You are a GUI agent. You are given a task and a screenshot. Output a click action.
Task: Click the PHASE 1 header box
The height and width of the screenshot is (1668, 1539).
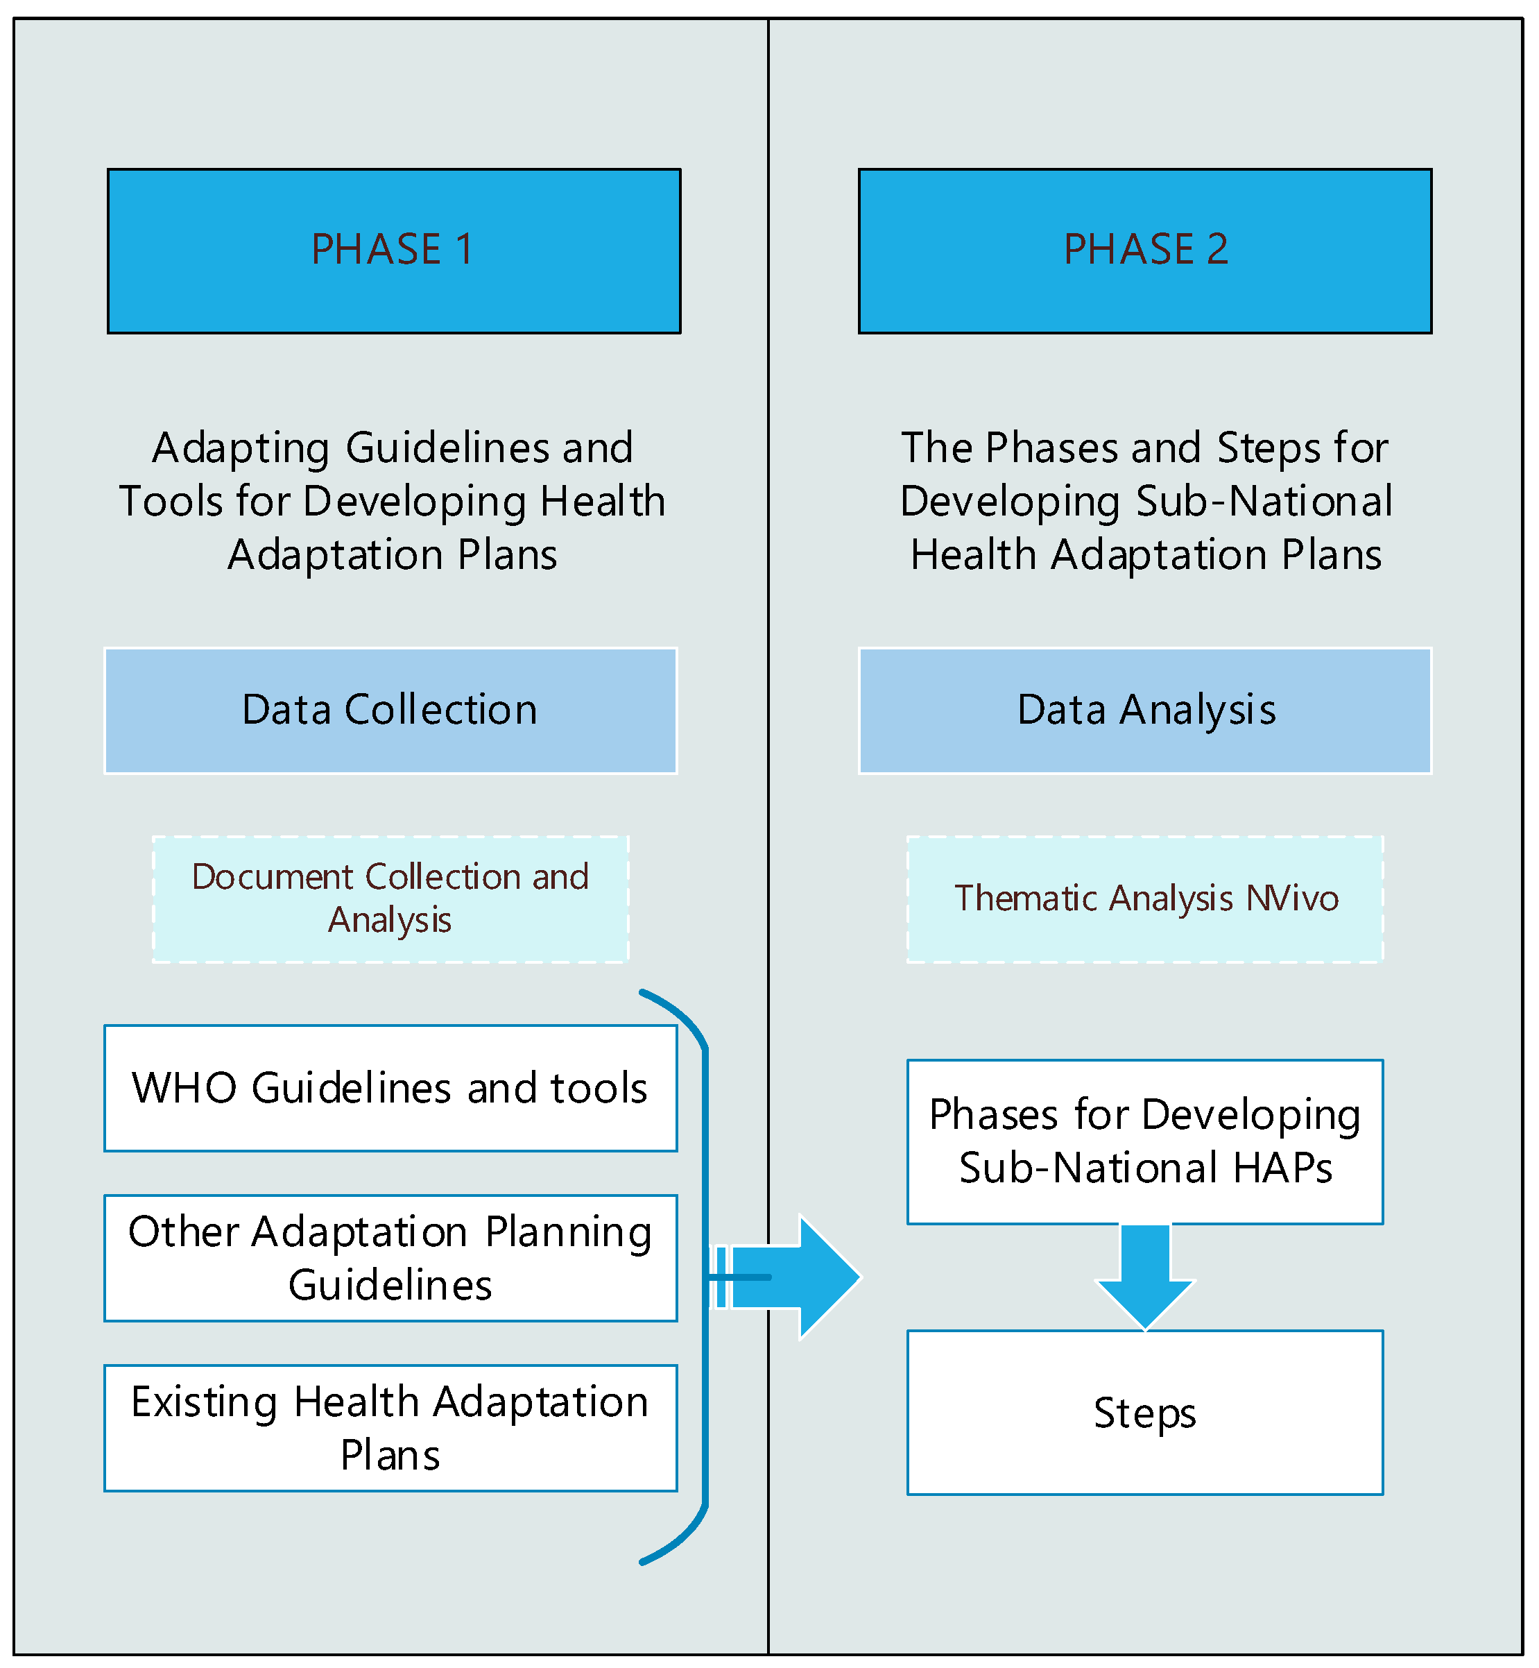pyautogui.click(x=394, y=250)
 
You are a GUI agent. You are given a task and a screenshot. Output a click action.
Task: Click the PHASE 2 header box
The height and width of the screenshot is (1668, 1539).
pyautogui.click(x=1145, y=250)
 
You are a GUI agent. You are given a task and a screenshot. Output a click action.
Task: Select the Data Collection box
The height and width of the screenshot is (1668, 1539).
pyautogui.click(x=390, y=710)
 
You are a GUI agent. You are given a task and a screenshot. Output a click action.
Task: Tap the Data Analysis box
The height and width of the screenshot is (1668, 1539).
pyautogui.click(x=1145, y=710)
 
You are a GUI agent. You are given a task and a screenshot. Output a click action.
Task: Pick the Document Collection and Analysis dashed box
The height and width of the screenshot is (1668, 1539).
pyautogui.click(x=390, y=899)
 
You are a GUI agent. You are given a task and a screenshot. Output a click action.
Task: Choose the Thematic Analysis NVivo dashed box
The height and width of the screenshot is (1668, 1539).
pyautogui.click(x=1145, y=899)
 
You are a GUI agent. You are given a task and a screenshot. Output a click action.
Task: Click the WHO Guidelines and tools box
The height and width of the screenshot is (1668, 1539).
pyautogui.click(x=390, y=1088)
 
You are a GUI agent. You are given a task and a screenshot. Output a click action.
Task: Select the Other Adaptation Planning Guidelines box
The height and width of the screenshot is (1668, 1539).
pyautogui.click(x=390, y=1258)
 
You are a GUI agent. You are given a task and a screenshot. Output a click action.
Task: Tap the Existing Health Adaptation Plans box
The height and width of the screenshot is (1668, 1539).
pyautogui.click(x=390, y=1428)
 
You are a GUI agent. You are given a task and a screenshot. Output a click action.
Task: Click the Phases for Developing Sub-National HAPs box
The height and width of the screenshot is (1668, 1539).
pyautogui.click(x=1145, y=1141)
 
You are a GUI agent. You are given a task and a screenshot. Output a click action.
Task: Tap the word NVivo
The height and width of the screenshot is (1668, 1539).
pyautogui.click(x=1293, y=899)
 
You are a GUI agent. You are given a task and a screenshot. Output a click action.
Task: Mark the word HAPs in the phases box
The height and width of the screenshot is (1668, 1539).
pyautogui.click(x=1282, y=1168)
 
